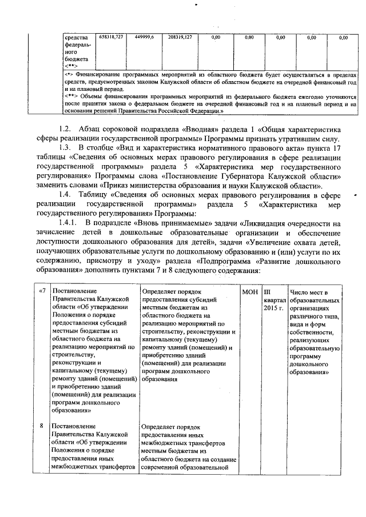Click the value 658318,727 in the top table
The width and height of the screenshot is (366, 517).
[x=111, y=37]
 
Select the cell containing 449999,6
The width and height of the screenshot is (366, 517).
[x=144, y=37]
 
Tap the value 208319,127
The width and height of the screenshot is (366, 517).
[x=180, y=37]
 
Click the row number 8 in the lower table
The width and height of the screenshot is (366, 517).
[x=41, y=426]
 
